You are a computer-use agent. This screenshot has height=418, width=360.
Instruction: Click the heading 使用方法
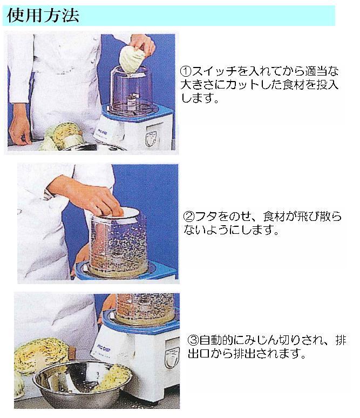(x=42, y=15)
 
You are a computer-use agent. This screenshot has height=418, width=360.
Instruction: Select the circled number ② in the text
(x=189, y=217)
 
